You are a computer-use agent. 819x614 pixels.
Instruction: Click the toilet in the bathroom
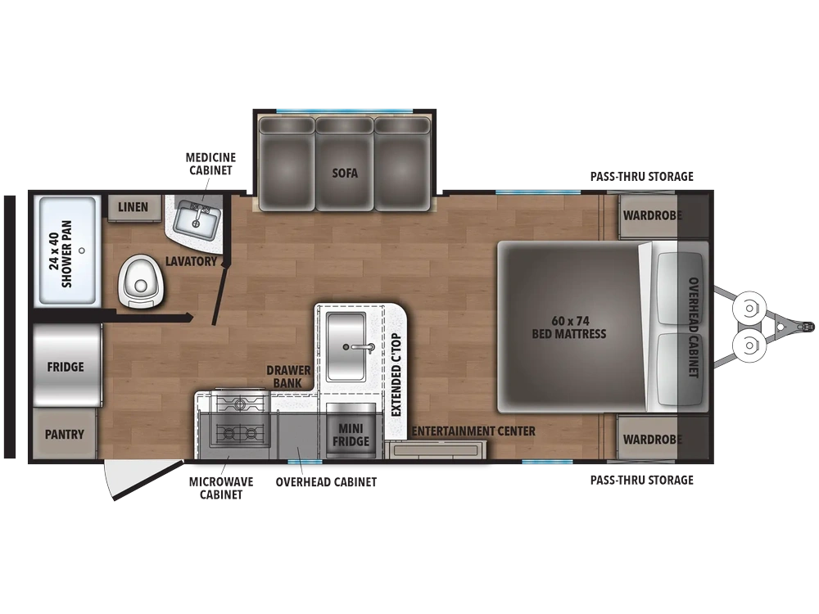(x=141, y=281)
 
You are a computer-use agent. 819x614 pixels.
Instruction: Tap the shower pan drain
(x=81, y=251)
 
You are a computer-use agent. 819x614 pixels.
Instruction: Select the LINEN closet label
(x=133, y=207)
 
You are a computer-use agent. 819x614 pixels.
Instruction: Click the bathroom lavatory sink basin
(x=196, y=221)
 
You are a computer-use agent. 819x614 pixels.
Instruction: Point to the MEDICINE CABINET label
(x=210, y=164)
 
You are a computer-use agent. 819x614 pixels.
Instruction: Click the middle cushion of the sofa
(x=345, y=164)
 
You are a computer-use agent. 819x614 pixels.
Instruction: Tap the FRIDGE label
(x=66, y=367)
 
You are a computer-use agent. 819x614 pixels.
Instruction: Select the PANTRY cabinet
(x=65, y=434)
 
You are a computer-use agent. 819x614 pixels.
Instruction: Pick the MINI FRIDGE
(x=351, y=431)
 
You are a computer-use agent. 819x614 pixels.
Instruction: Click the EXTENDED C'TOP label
(x=396, y=374)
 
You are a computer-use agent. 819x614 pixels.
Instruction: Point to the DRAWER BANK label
(x=288, y=377)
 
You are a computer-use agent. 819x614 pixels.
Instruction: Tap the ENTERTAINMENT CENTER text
(x=473, y=431)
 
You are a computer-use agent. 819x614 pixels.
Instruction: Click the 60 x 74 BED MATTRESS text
(x=569, y=327)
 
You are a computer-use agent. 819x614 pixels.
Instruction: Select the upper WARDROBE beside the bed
(x=653, y=215)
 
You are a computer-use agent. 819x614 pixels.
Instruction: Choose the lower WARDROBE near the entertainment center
(x=653, y=439)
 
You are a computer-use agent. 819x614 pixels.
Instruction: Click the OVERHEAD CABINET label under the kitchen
(x=326, y=482)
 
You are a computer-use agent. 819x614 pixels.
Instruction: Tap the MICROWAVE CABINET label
(x=221, y=488)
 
